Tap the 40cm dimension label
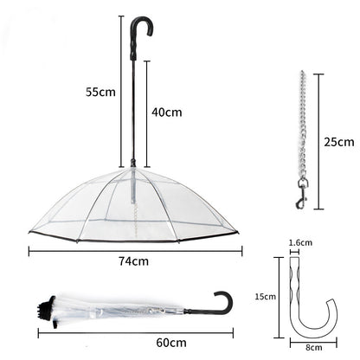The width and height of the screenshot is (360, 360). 167,111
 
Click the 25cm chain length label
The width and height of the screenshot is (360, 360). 337,141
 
